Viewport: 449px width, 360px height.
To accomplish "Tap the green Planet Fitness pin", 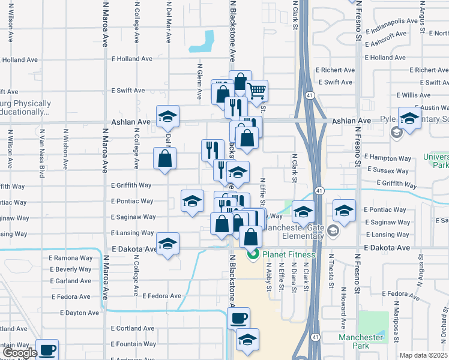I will click(x=253, y=254).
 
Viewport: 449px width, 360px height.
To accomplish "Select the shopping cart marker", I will click(x=257, y=91).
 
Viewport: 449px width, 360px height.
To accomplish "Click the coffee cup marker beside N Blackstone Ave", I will click(x=239, y=318).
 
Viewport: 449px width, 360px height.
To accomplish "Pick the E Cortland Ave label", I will click(x=133, y=329).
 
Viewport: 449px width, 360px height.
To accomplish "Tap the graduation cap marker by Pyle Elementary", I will click(x=410, y=118).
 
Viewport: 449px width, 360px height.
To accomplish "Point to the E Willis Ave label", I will click(x=414, y=95).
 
